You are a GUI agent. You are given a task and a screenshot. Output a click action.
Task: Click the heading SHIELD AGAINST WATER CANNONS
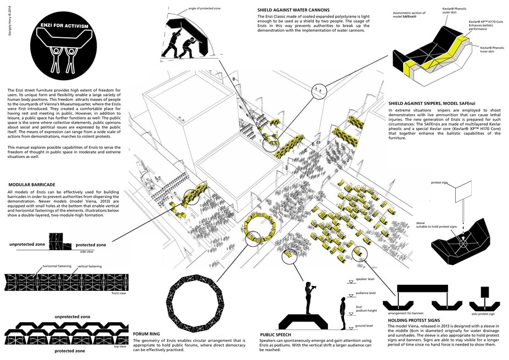[293, 10]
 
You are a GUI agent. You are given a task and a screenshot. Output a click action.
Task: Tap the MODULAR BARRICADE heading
[32, 184]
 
